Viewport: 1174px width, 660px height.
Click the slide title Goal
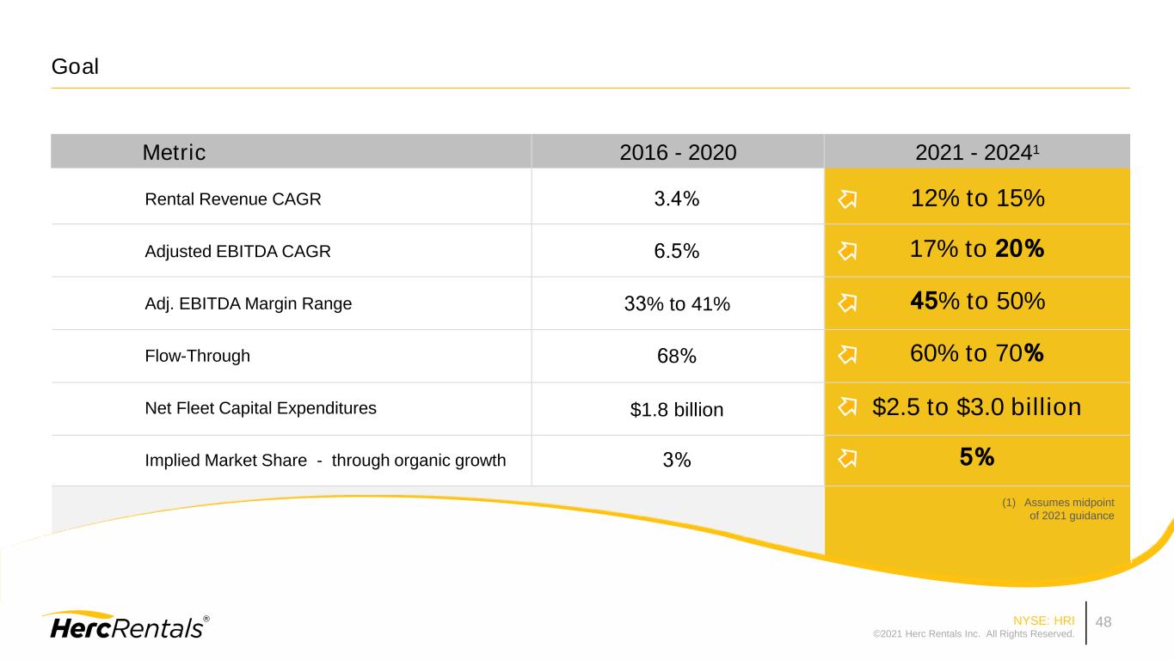[x=75, y=66]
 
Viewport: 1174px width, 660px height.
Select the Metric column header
[x=174, y=153]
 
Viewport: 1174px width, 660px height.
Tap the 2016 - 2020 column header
[x=678, y=153]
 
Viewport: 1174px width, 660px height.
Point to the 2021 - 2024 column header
[x=976, y=153]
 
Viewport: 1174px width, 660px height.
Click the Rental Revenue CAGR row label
[x=233, y=199]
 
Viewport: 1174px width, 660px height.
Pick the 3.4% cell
[x=676, y=199]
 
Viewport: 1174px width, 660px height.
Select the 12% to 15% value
[x=977, y=199]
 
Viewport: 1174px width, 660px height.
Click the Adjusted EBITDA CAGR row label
[x=237, y=252]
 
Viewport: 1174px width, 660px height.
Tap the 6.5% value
[x=676, y=252]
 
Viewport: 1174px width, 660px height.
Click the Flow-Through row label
[x=198, y=356]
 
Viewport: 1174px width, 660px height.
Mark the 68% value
[x=676, y=357]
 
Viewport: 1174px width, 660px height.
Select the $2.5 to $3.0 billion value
[x=976, y=407]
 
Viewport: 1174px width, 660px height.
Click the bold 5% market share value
[x=977, y=459]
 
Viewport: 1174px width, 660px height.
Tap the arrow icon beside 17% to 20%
[x=847, y=251]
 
